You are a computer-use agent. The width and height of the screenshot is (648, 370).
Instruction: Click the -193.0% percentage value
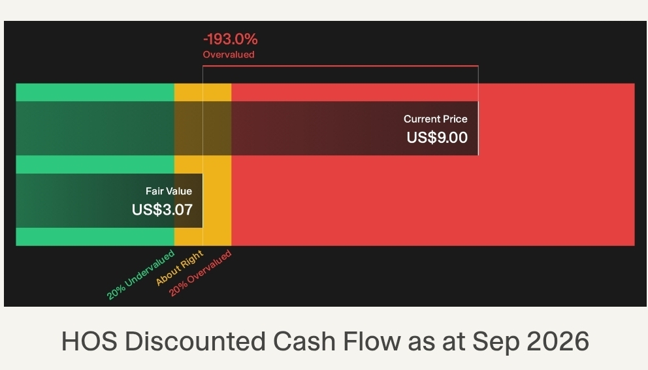tap(230, 40)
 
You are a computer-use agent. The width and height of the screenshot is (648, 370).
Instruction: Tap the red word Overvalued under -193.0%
tap(229, 55)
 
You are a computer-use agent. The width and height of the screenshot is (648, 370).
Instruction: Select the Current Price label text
tap(436, 119)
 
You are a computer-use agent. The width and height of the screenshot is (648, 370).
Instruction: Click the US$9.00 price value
tap(437, 138)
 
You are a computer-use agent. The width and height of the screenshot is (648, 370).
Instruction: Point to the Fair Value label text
tap(169, 191)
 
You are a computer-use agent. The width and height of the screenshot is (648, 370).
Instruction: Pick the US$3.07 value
tap(162, 209)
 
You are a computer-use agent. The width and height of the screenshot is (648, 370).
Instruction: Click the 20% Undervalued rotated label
tap(140, 275)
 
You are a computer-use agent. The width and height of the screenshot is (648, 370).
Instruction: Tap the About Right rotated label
tap(180, 268)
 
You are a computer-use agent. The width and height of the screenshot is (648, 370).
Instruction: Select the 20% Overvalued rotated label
tap(200, 273)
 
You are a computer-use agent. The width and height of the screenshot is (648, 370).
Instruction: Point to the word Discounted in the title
tap(195, 341)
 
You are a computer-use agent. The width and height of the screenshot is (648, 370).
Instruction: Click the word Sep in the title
tap(496, 343)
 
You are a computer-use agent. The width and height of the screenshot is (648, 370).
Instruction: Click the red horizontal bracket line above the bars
tap(340, 66)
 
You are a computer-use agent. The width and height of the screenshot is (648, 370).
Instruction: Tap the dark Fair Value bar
tap(109, 201)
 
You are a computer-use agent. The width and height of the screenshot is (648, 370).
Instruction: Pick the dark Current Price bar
tap(247, 128)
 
